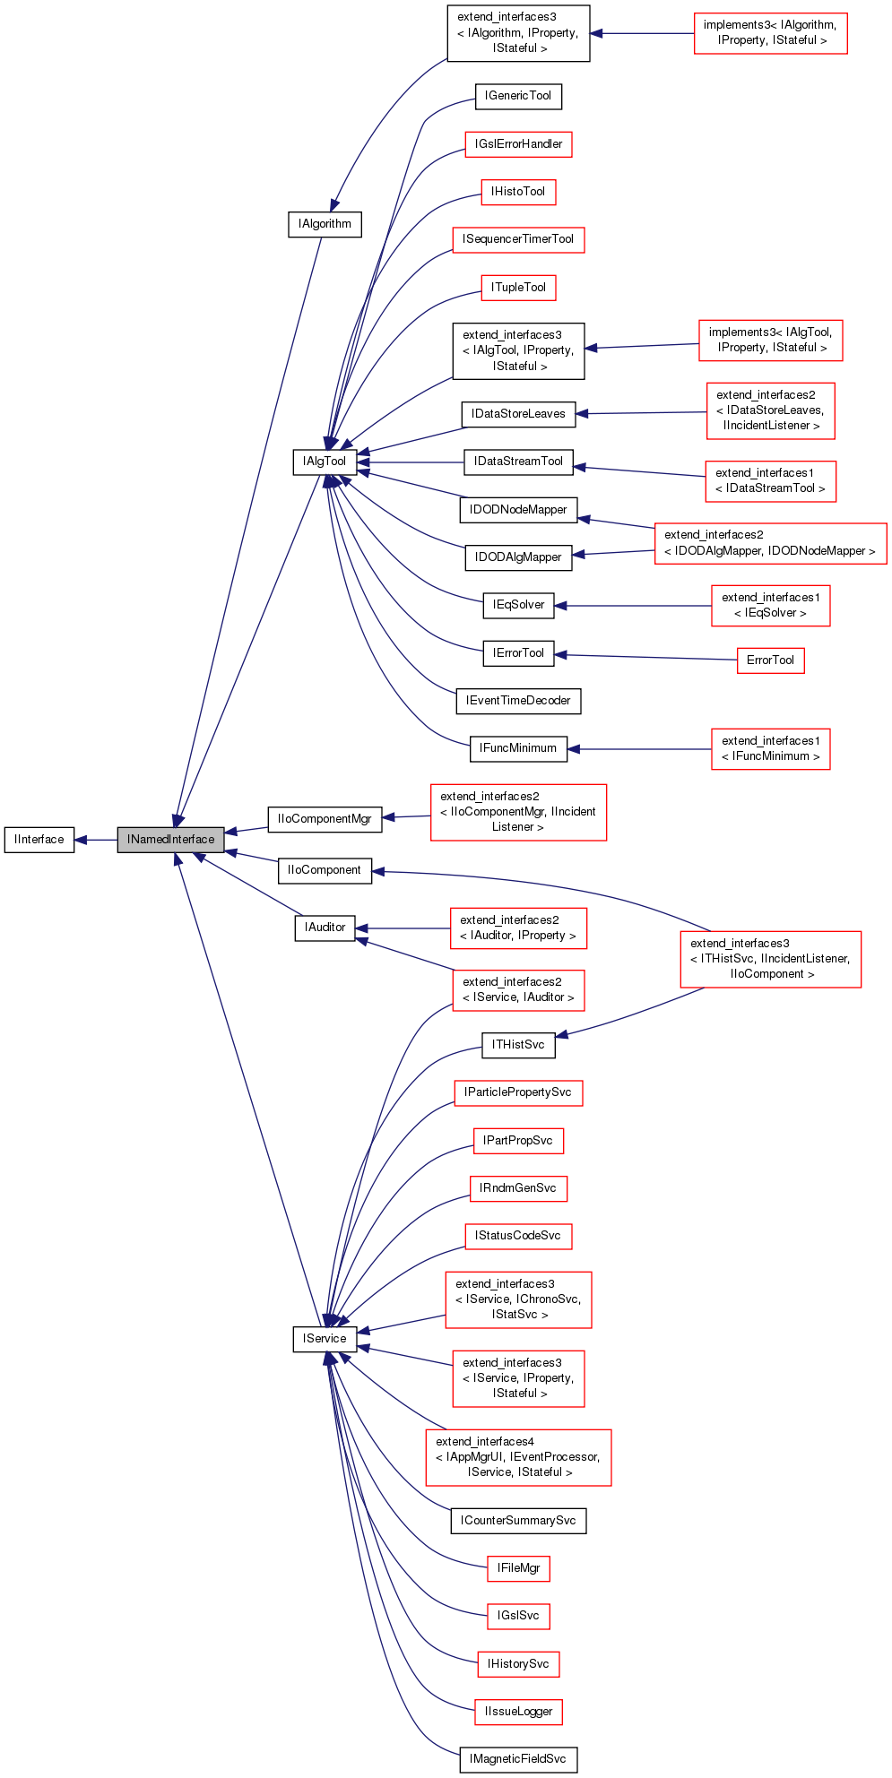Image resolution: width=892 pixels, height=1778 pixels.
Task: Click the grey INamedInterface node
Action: click(x=170, y=840)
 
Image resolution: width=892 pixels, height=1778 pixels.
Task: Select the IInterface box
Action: click(x=39, y=840)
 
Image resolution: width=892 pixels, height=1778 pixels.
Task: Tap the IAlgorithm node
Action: click(x=325, y=224)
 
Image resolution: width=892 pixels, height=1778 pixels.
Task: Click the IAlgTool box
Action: click(x=325, y=462)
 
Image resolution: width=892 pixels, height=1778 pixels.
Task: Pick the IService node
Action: click(x=325, y=1339)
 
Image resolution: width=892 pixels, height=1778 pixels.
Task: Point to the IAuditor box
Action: click(x=325, y=928)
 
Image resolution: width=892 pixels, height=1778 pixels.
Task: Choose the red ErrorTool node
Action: click(x=770, y=660)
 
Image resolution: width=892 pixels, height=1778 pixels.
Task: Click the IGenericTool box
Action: click(x=518, y=96)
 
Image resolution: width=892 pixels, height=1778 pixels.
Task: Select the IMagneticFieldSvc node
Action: click(x=518, y=1759)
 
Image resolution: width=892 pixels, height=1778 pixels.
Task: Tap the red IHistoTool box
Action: click(x=518, y=192)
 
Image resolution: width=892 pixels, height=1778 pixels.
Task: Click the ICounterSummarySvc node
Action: click(x=518, y=1521)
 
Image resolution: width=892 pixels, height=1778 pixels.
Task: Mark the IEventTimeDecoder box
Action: click(x=518, y=701)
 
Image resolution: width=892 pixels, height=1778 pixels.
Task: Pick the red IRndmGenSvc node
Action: click(x=518, y=1188)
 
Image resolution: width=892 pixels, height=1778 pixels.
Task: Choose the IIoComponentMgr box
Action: click(x=325, y=819)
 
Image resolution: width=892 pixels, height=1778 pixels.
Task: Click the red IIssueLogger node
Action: click(x=518, y=1712)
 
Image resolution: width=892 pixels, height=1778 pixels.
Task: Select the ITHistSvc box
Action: click(x=518, y=1045)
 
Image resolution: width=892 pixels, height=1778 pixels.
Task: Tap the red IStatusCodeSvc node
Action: click(x=518, y=1236)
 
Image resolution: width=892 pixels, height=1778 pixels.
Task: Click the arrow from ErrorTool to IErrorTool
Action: click(x=645, y=657)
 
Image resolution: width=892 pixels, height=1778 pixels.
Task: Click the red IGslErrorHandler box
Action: click(x=518, y=144)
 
